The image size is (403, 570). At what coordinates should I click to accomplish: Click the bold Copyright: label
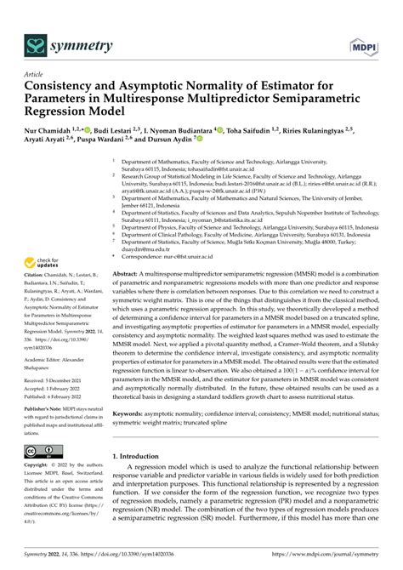(39, 466)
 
